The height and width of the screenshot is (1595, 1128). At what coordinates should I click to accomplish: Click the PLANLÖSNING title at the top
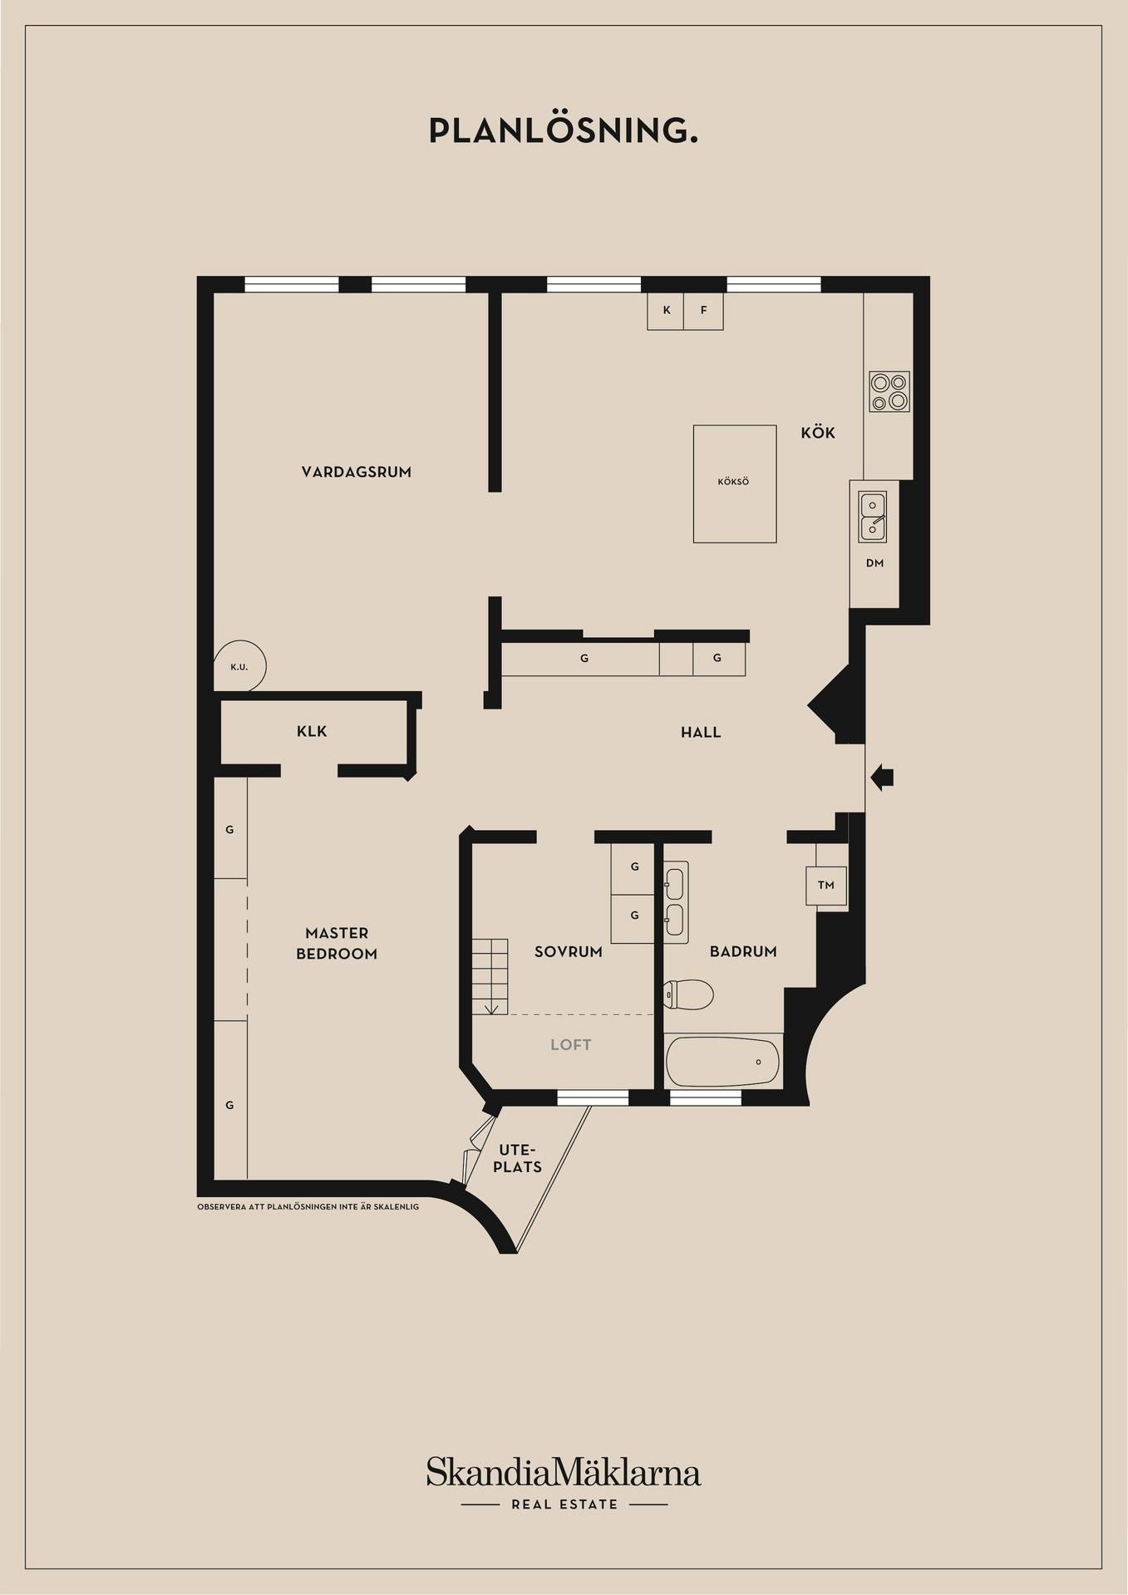click(x=563, y=131)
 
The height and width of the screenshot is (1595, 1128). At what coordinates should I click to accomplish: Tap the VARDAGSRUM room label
click(x=357, y=472)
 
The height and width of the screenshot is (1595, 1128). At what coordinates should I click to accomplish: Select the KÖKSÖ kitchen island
click(x=735, y=483)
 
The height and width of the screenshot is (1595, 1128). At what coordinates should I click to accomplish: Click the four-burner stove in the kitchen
click(x=889, y=392)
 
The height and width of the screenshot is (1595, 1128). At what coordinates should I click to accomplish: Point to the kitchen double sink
click(x=873, y=516)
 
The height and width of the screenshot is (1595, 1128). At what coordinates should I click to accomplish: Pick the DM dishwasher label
click(x=874, y=563)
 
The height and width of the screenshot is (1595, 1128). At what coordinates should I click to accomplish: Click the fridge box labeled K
click(x=666, y=312)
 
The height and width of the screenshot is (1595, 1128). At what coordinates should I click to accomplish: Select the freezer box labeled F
click(x=703, y=312)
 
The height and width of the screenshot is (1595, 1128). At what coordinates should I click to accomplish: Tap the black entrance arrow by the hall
click(x=882, y=778)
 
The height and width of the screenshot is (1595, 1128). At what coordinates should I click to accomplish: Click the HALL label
click(x=701, y=733)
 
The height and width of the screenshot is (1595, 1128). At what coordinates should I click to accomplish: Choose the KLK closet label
click(x=312, y=732)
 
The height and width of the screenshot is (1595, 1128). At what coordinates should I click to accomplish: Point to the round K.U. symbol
click(x=241, y=665)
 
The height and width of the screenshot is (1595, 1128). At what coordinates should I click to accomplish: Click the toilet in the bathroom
click(x=689, y=994)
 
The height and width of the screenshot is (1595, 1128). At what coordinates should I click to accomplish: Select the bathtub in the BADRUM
click(x=723, y=1062)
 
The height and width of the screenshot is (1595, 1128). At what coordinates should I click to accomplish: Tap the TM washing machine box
click(x=825, y=886)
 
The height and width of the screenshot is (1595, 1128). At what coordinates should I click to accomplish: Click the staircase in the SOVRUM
click(x=490, y=977)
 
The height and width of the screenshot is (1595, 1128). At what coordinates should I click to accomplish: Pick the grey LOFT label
click(x=571, y=1045)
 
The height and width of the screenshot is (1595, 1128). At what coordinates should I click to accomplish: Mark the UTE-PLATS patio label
click(x=517, y=1159)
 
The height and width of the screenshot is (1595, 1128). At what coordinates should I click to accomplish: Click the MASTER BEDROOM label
click(x=337, y=944)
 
